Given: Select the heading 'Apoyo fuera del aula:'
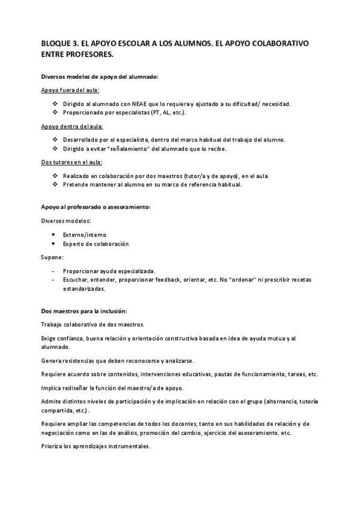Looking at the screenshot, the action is (70, 90).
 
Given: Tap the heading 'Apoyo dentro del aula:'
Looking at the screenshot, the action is (72, 126).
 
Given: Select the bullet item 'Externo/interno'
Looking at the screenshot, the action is (85, 234).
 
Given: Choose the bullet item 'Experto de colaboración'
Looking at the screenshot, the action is (96, 244).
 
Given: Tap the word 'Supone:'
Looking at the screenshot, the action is (52, 257).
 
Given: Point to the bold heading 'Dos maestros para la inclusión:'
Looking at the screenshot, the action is (84, 311).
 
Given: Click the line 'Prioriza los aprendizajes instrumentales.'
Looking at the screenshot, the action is (96, 447).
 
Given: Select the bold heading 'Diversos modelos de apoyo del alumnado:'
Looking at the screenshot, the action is (99, 77).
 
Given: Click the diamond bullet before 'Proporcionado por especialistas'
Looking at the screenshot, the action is (55, 112).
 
